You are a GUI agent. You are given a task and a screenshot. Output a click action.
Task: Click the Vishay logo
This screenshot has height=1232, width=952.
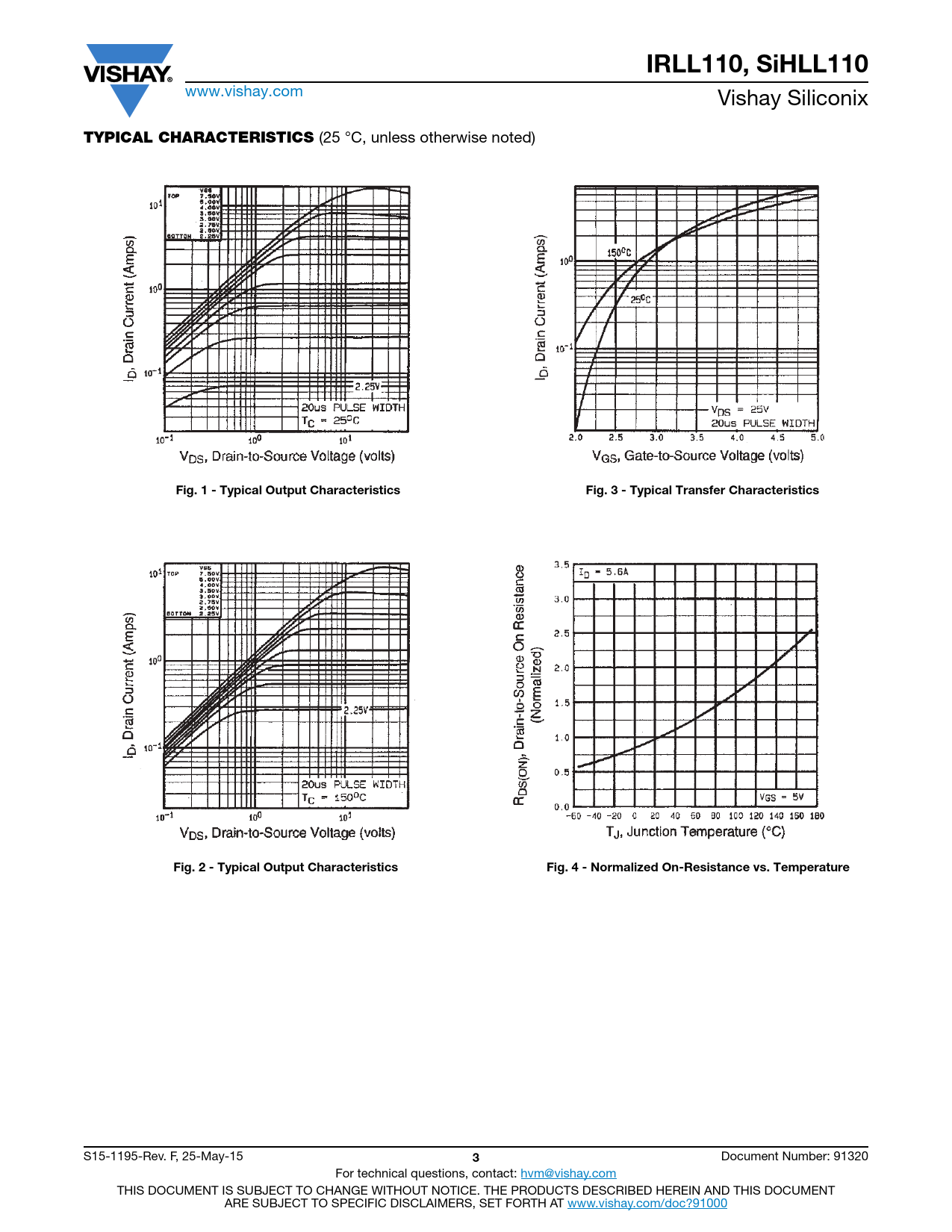[128, 76]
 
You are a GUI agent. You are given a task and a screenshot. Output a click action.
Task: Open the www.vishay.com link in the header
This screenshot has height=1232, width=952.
[244, 92]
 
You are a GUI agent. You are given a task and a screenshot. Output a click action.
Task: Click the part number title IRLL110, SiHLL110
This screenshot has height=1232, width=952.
[756, 64]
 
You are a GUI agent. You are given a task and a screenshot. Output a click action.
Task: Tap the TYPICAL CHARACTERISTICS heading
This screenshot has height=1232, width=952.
[199, 137]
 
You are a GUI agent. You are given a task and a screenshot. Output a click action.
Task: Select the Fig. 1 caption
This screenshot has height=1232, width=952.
[287, 491]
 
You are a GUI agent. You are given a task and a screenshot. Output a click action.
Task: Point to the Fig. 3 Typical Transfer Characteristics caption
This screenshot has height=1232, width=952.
[702, 491]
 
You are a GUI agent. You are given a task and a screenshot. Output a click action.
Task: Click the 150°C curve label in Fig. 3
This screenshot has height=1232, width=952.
[619, 253]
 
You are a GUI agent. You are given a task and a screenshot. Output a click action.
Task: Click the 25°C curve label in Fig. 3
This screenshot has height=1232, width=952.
[640, 299]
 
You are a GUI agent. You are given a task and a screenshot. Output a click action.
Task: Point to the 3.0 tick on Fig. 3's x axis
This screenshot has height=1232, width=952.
[656, 438]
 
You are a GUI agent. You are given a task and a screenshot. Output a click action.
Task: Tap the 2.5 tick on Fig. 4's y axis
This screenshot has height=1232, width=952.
[561, 633]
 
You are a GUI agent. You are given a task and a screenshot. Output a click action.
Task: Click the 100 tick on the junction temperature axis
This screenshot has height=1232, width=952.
[735, 816]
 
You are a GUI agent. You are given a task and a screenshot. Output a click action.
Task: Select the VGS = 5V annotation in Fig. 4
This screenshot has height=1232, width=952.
[781, 797]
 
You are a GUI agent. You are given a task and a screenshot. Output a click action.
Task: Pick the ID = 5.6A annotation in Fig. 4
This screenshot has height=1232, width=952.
[604, 573]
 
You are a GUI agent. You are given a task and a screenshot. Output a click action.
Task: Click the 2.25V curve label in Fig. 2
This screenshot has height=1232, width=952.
[356, 710]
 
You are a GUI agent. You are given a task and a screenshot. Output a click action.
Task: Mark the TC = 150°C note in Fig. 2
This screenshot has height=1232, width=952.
[334, 798]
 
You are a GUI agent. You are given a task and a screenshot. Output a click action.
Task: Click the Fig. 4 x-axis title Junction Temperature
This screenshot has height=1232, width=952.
[695, 832]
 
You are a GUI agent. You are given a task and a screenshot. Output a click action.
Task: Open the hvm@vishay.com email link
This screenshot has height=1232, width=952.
[568, 1174]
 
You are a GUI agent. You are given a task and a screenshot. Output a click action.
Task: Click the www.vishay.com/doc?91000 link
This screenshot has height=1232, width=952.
[647, 1203]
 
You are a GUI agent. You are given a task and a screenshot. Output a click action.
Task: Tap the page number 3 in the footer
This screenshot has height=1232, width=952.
[476, 1158]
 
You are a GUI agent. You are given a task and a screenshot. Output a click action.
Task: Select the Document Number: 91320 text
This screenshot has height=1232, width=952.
[794, 1157]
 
